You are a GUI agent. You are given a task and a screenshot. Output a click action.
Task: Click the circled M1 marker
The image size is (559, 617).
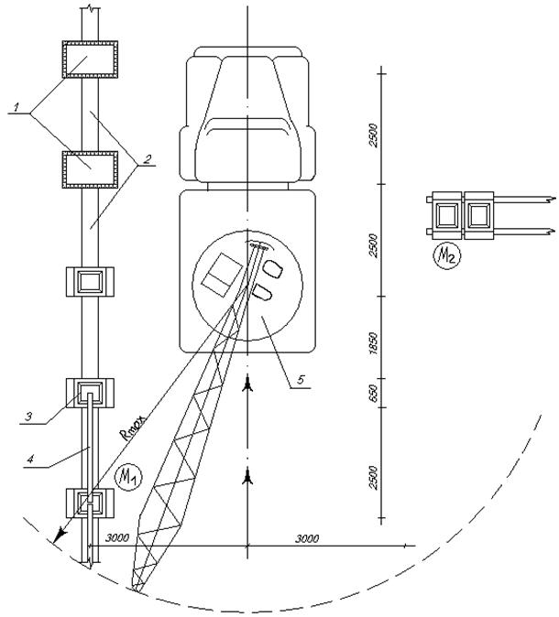[x=127, y=478]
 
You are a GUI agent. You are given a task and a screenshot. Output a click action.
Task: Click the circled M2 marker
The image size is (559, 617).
[x=447, y=255]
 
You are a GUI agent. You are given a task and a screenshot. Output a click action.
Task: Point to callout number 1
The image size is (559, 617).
[x=16, y=107]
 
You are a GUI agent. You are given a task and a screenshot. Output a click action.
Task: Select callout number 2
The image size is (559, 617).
[x=147, y=160]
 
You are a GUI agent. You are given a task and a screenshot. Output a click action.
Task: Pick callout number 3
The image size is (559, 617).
[x=28, y=417]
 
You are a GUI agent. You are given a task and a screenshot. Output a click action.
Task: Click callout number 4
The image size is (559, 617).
[x=30, y=460]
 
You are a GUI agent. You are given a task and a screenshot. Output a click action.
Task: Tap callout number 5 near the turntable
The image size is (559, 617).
[x=301, y=380]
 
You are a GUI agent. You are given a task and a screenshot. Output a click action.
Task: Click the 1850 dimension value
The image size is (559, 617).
[x=373, y=342]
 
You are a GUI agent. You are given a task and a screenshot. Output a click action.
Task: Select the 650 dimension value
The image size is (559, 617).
[x=373, y=393]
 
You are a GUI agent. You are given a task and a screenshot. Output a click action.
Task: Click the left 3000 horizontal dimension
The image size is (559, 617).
[x=116, y=538]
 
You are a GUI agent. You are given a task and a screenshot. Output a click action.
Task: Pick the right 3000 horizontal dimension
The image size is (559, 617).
[x=307, y=538]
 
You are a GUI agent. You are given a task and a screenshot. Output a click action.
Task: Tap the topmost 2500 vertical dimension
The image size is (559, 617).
[x=373, y=135]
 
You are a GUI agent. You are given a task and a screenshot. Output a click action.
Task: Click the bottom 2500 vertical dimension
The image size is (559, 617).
[x=373, y=478]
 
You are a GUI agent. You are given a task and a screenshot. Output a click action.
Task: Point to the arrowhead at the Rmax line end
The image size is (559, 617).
[x=60, y=535]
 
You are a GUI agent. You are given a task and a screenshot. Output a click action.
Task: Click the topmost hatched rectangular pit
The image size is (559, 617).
[x=90, y=59]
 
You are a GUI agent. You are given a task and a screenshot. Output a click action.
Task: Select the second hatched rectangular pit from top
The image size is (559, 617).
[x=90, y=169]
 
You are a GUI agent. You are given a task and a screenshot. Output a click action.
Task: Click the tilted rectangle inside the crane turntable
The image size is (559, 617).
[x=222, y=275]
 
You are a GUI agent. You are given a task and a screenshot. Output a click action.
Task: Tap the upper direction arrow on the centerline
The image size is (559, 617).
[x=247, y=384]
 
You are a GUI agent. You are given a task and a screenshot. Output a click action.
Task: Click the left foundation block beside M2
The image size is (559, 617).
[x=446, y=215]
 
